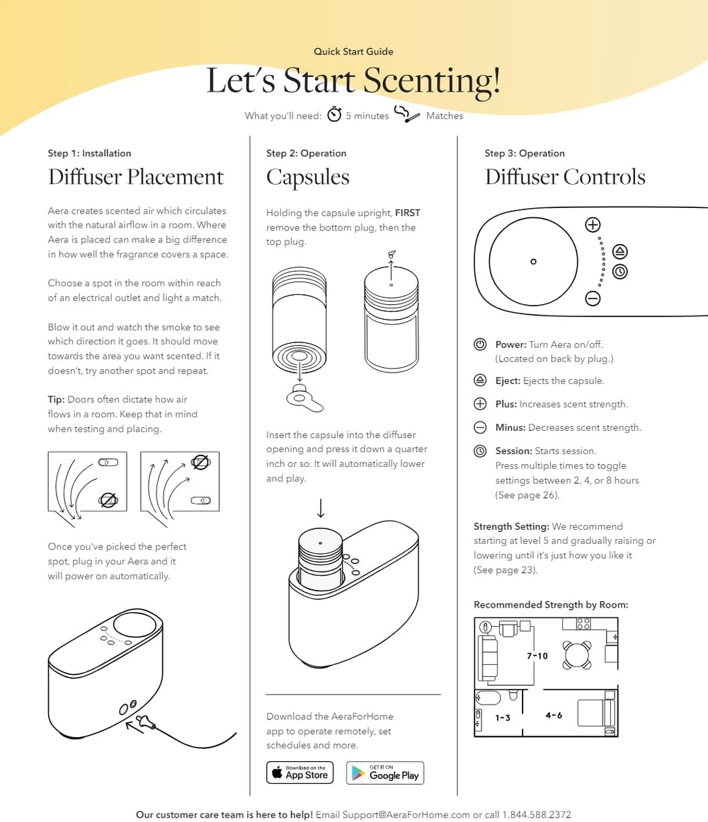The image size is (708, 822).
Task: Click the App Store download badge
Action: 299,772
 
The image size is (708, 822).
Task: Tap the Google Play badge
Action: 385,772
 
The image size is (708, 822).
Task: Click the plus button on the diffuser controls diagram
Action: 593,225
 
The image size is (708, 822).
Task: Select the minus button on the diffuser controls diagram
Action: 593,298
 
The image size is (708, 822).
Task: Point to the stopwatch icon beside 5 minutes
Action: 334,115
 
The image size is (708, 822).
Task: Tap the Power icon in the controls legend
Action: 480,345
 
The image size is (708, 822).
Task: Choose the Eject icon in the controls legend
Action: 480,381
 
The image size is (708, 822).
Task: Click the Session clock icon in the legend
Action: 480,451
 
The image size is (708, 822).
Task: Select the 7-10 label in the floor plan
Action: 537,656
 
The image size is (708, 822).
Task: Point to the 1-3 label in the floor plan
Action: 503,717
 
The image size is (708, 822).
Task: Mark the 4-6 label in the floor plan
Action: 554,715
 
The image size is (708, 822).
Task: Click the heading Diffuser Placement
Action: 136,177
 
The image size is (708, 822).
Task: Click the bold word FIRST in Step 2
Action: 407,213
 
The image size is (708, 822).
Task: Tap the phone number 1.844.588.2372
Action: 536,814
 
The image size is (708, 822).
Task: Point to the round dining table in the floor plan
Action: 576,654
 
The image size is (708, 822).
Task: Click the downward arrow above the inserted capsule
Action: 321,509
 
